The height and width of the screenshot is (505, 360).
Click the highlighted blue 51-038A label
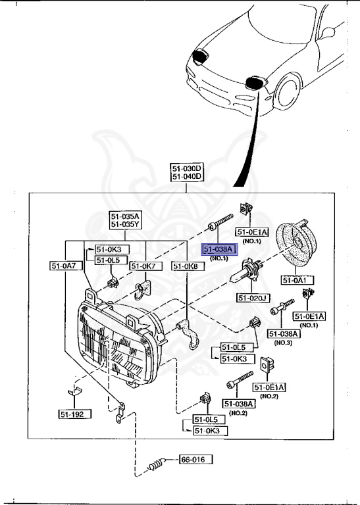pos(217,249)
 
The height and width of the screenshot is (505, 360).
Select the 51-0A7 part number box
pos(63,266)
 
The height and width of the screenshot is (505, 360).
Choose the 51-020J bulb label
pos(253,298)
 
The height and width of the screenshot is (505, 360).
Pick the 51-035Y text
pos(124,224)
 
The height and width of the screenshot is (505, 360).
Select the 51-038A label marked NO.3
pos(284,333)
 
